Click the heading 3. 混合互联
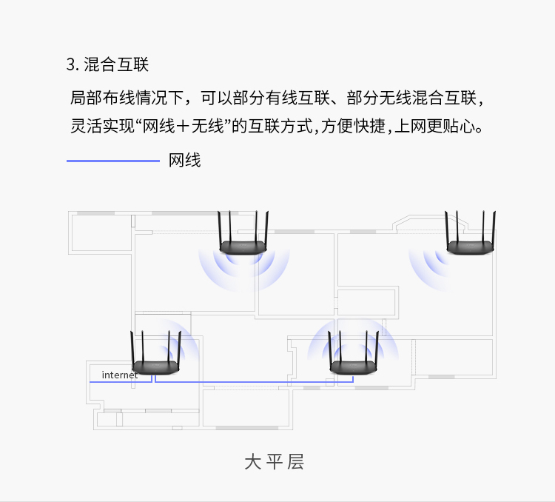pyautogui.click(x=107, y=64)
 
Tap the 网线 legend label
pyautogui.click(x=184, y=160)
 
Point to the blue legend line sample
pyautogui.click(x=113, y=161)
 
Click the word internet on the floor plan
pyautogui.click(x=120, y=375)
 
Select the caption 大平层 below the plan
pyautogui.click(x=275, y=461)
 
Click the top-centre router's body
pyautogui.click(x=243, y=247)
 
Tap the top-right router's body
pyautogui.click(x=470, y=247)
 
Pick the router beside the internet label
pyautogui.click(x=155, y=367)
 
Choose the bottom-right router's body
pyautogui.click(x=353, y=367)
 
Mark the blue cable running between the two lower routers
pyautogui.click(x=254, y=382)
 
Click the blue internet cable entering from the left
pyautogui.click(x=121, y=382)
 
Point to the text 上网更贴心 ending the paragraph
pyautogui.click(x=438, y=126)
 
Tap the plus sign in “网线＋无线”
pyautogui.click(x=183, y=126)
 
